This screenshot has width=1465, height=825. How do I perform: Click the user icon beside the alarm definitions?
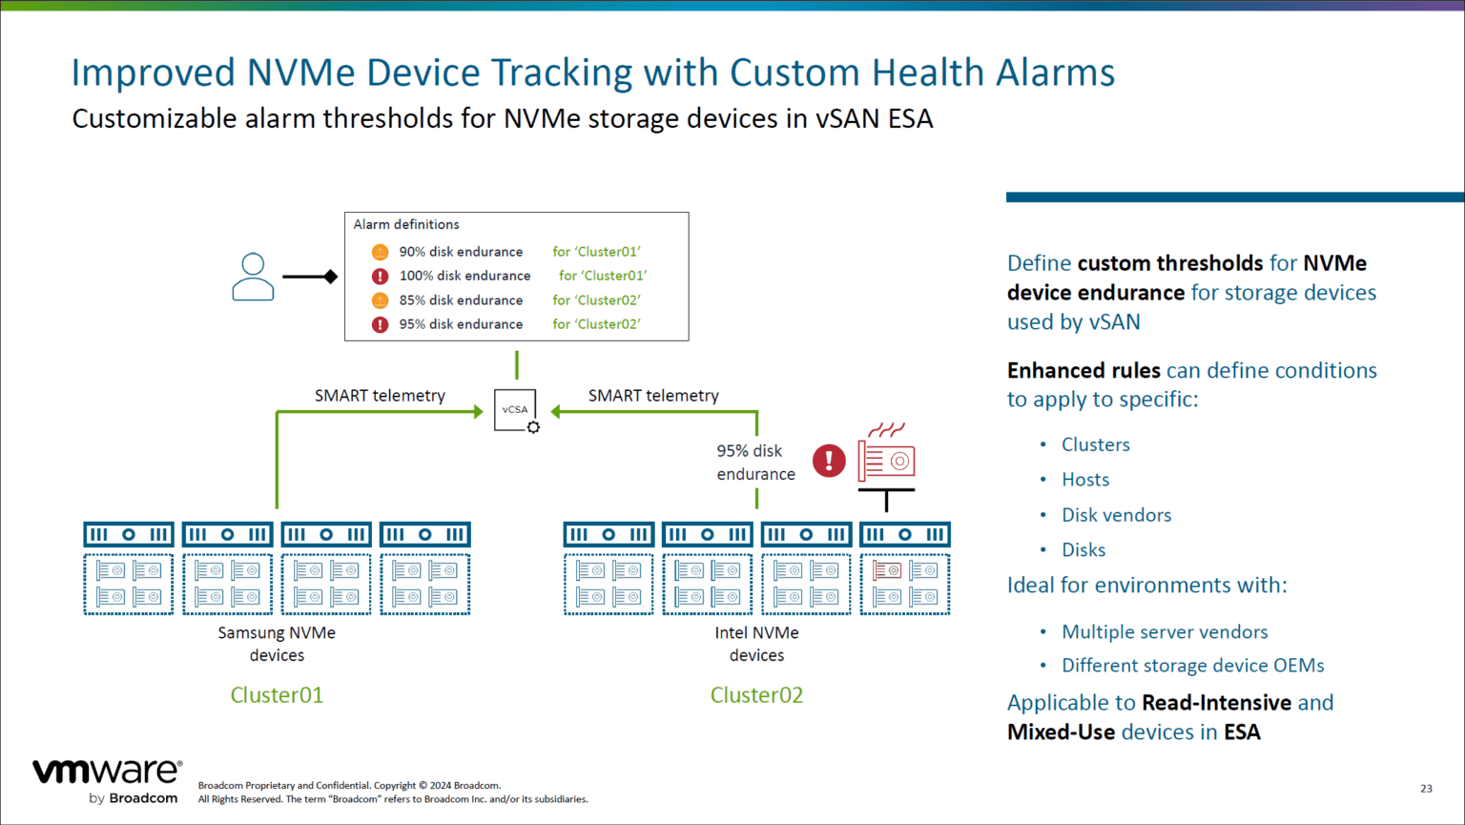tap(253, 277)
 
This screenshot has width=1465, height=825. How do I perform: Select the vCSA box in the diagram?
tap(515, 410)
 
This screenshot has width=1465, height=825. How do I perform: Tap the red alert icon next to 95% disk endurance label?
tap(829, 461)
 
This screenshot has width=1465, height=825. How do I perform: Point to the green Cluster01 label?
tap(277, 695)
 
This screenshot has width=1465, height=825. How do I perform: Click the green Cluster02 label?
tap(756, 695)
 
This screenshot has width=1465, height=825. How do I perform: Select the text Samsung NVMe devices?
tap(277, 644)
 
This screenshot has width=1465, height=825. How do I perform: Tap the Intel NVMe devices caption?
tap(756, 644)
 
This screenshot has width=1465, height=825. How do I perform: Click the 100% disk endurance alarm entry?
tap(464, 276)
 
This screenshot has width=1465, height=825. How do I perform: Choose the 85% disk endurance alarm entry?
tap(461, 300)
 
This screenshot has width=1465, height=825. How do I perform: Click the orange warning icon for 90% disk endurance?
tap(380, 252)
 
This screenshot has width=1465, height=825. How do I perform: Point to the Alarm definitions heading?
tap(406, 225)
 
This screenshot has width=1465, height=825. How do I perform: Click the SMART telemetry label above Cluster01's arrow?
tap(380, 396)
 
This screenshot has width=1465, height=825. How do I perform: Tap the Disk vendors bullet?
tap(1116, 515)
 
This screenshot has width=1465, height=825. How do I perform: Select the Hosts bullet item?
tap(1085, 480)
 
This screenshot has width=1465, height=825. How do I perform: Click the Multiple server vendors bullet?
tap(1165, 632)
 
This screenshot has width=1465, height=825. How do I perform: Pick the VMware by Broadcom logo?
tap(107, 781)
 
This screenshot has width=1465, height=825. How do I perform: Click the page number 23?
tap(1426, 788)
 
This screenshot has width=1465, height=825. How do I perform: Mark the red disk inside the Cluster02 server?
tap(887, 570)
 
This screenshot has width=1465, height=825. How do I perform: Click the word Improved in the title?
tap(153, 72)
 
